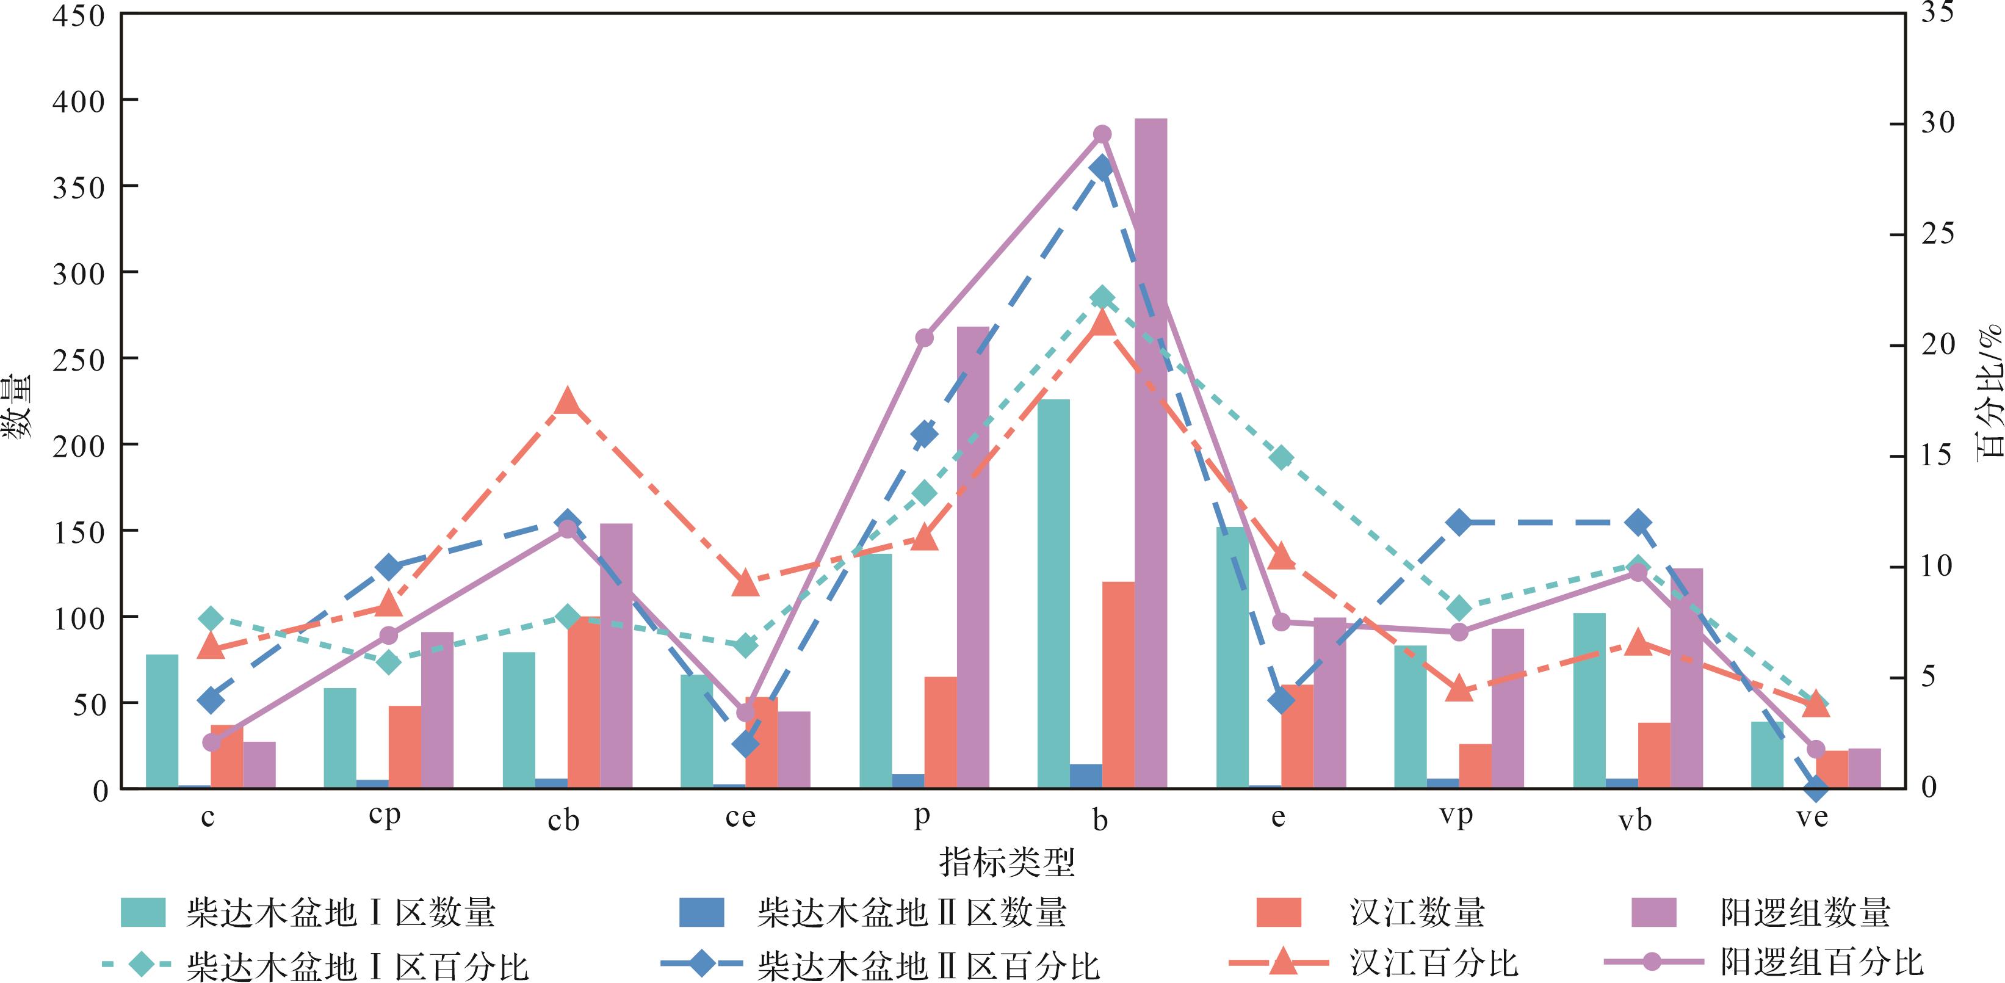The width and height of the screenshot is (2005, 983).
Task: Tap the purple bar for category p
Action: [973, 557]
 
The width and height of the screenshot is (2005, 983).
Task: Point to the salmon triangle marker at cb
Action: [568, 402]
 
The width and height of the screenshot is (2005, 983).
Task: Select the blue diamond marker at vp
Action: [1459, 522]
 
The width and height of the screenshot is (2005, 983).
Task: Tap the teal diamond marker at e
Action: [1281, 459]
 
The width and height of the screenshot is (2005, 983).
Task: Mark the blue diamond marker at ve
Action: [1816, 788]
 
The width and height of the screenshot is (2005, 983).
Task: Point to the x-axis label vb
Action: [1635, 821]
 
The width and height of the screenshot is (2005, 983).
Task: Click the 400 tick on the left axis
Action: [78, 101]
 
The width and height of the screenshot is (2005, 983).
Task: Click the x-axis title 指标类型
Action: [1007, 861]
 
